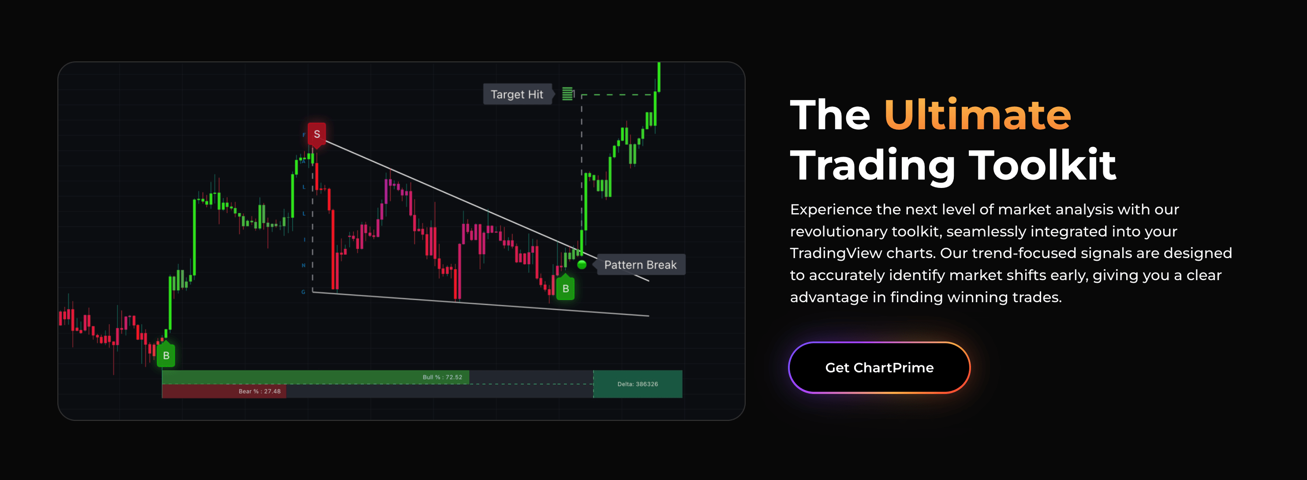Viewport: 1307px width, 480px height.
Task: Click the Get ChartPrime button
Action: click(879, 367)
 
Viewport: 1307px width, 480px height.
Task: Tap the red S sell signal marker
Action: click(317, 134)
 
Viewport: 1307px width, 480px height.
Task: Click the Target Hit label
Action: click(516, 94)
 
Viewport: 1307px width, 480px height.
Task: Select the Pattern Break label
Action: click(640, 265)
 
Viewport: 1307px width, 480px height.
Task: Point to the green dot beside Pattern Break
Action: click(582, 264)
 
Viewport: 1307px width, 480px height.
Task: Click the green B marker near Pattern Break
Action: click(565, 289)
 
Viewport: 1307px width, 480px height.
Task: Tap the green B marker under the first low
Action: click(166, 356)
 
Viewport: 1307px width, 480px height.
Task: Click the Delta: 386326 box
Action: click(637, 384)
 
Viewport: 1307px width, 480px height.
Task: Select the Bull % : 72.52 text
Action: click(442, 377)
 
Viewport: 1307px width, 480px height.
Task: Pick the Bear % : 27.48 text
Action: click(259, 391)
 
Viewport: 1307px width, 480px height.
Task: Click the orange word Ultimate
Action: click(977, 115)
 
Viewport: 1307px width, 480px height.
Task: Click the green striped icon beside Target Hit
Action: click(568, 94)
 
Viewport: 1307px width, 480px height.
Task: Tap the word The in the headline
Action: click(830, 115)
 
